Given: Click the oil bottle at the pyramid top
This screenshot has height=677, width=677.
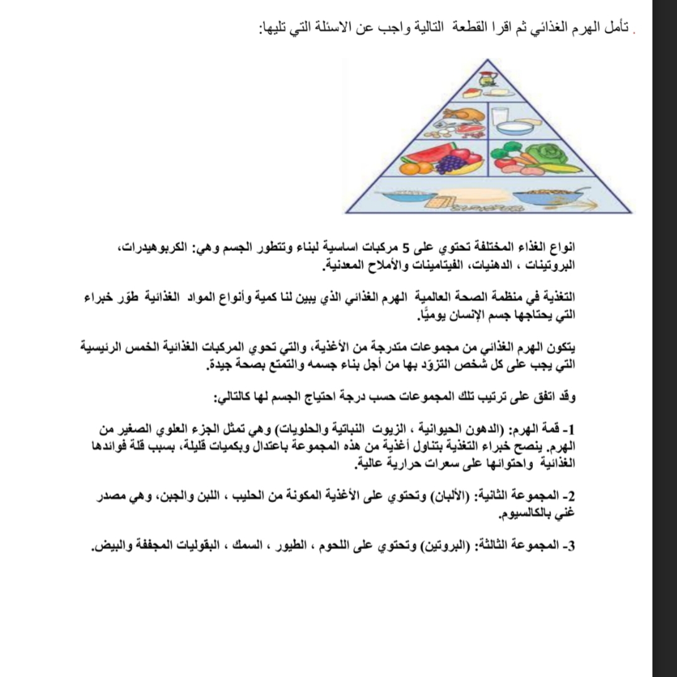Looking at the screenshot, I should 488,80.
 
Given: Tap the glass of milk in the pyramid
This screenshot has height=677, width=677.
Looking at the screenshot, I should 500,116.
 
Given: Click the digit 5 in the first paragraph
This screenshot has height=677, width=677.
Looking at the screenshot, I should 406,244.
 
